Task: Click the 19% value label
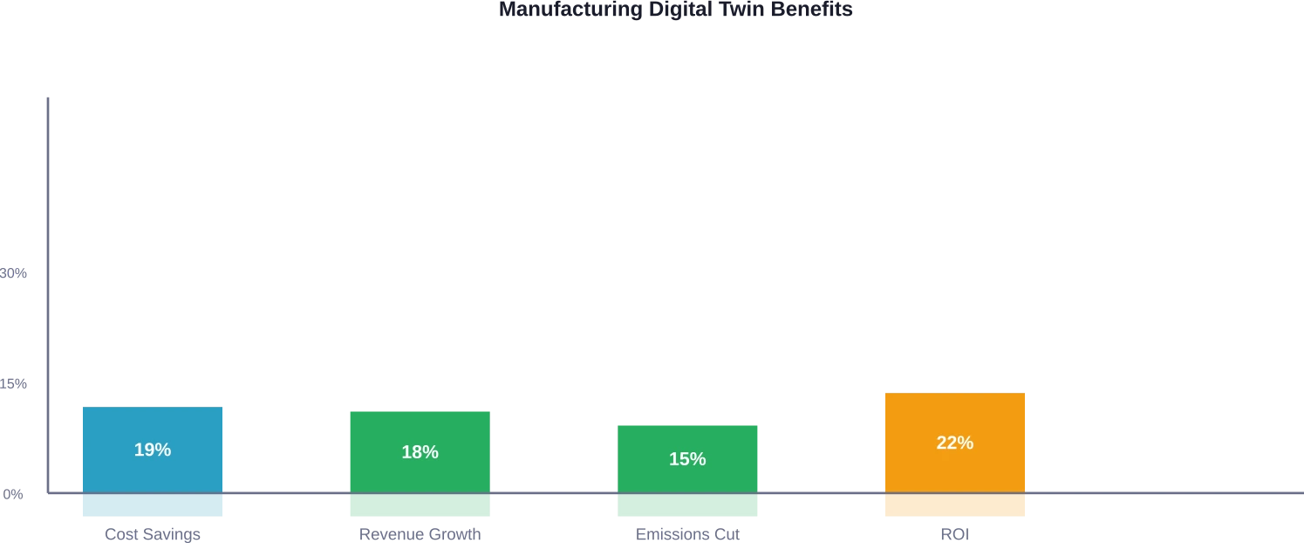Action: click(x=152, y=450)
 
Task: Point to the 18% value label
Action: click(x=420, y=452)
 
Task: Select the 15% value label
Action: click(x=687, y=459)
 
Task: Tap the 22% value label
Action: click(x=954, y=443)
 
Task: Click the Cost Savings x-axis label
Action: click(x=153, y=534)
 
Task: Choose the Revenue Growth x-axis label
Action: click(x=419, y=534)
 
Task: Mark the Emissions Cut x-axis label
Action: click(x=687, y=534)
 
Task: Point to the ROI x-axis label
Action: click(x=952, y=534)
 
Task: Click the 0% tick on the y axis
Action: click(x=15, y=495)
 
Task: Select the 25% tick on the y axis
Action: click(x=15, y=384)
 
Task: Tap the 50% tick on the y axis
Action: click(x=15, y=272)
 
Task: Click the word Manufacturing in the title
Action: click(x=569, y=10)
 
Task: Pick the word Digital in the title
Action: click(x=680, y=10)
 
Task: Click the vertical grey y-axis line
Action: click(x=49, y=262)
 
